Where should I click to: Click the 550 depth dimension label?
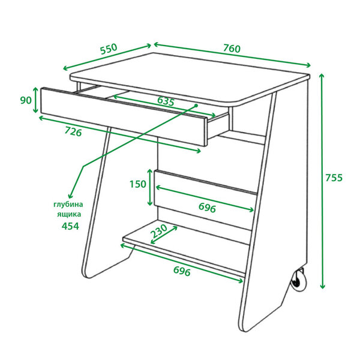(x=109, y=49)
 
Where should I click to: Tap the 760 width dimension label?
(x=232, y=49)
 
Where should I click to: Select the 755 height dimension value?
(x=334, y=178)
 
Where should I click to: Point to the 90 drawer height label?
(x=26, y=100)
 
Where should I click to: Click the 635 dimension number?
(x=166, y=101)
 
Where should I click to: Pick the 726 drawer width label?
(x=73, y=132)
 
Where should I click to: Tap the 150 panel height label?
(x=138, y=184)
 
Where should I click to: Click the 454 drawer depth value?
(x=70, y=226)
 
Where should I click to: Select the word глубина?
(x=68, y=205)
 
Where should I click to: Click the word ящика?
(x=69, y=214)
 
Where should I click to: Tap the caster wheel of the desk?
(x=298, y=280)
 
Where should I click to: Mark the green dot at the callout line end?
(x=196, y=106)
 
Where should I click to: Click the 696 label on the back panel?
(x=207, y=208)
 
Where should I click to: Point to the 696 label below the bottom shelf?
(x=182, y=271)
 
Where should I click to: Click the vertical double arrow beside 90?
(x=35, y=100)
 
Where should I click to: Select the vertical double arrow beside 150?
(x=149, y=187)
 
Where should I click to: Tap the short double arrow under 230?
(x=164, y=235)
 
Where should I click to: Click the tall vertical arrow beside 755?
(x=322, y=181)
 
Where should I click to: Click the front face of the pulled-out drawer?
(x=124, y=116)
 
